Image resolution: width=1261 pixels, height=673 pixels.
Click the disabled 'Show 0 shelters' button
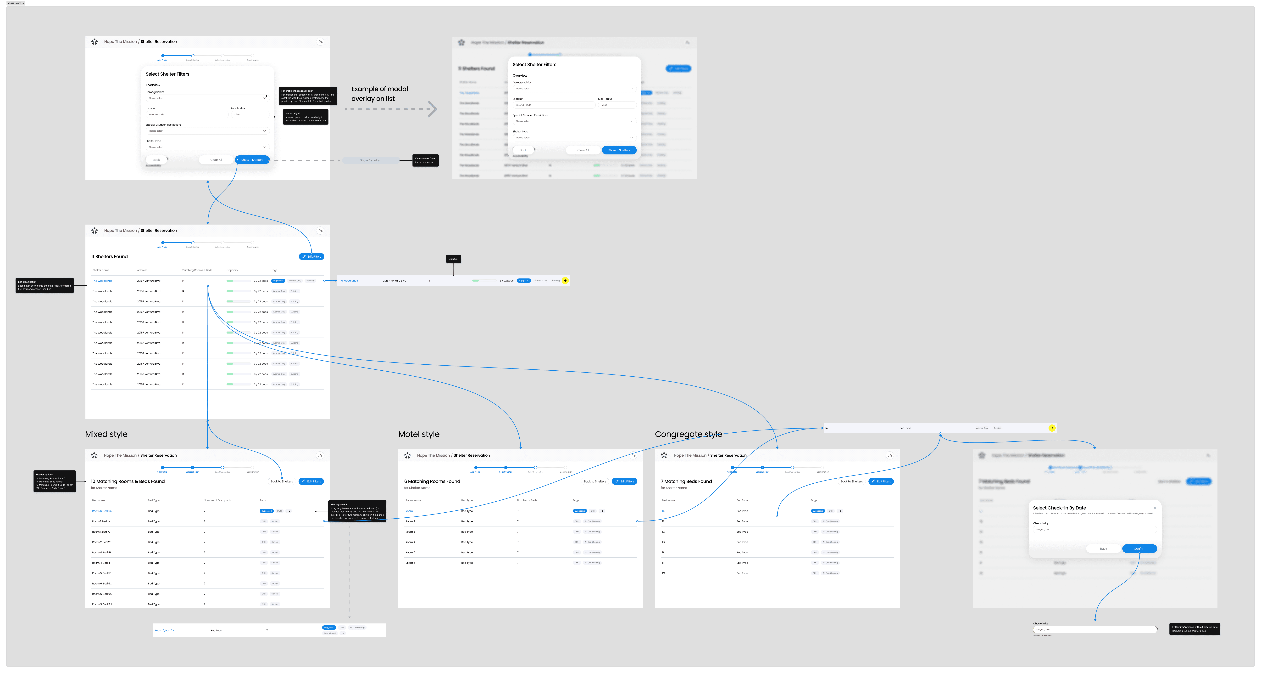point(371,160)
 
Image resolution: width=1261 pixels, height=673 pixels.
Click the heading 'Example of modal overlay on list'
point(379,94)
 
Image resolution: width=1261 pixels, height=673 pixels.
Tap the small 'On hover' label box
point(453,259)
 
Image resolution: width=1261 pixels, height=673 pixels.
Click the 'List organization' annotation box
point(44,286)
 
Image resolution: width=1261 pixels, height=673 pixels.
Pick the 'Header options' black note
point(54,481)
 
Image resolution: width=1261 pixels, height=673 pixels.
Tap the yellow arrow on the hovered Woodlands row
point(565,281)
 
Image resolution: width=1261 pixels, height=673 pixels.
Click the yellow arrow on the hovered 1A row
point(1051,428)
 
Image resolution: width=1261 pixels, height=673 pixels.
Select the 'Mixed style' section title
point(106,435)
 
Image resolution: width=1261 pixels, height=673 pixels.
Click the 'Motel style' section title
point(419,435)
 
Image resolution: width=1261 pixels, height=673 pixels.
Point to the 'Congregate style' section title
point(688,435)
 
